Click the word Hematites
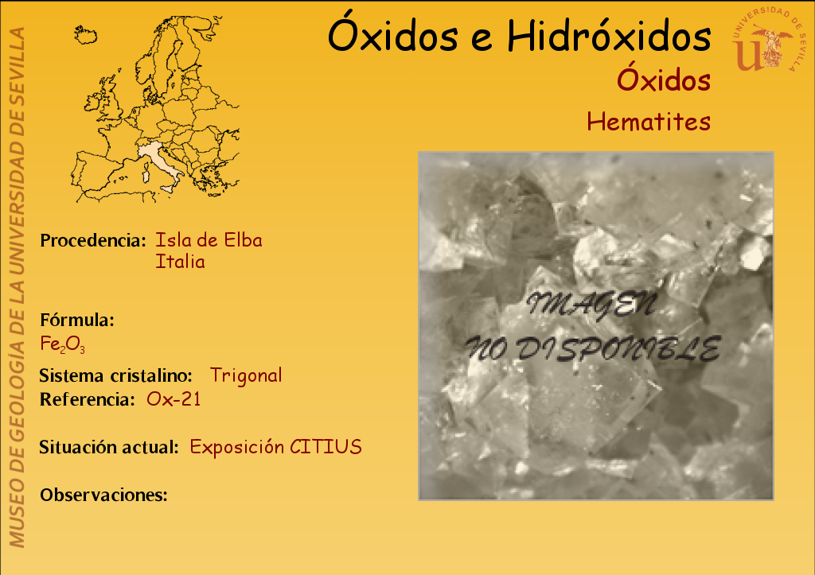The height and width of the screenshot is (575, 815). [x=649, y=122]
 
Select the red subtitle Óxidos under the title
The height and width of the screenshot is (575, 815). [x=664, y=79]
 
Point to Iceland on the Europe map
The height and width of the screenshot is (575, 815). [x=86, y=35]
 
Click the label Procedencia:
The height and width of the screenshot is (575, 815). [x=93, y=240]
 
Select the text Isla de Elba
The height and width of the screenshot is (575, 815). [x=209, y=240]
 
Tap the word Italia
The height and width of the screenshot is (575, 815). [x=180, y=262]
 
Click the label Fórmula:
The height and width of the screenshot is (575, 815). [x=77, y=320]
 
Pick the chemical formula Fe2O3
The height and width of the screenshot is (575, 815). [x=62, y=344]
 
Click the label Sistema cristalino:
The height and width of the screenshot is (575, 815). [x=116, y=375]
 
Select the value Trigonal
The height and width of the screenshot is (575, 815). [x=246, y=375]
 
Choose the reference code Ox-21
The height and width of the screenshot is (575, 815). [x=174, y=399]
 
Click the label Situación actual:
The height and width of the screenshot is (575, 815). [x=109, y=447]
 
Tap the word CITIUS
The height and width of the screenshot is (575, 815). [x=326, y=447]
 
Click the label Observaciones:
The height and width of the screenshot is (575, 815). [x=104, y=495]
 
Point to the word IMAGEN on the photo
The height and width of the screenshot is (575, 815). [x=591, y=305]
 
